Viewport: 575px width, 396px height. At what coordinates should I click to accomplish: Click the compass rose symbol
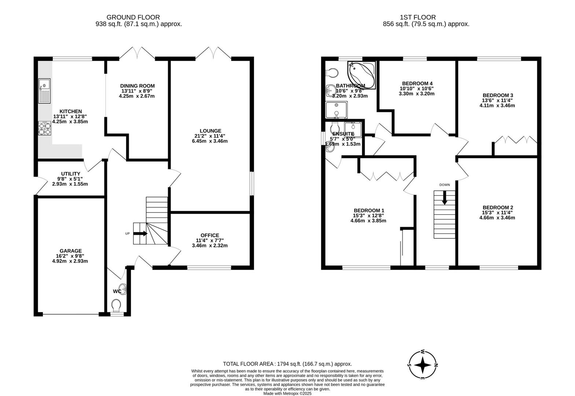[423, 365]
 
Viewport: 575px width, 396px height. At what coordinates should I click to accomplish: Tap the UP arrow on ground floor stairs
[140, 234]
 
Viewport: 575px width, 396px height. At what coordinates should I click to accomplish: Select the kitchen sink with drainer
[44, 91]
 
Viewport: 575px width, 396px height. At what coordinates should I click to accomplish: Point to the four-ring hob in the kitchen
[44, 128]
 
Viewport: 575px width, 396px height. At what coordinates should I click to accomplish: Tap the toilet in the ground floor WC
[117, 305]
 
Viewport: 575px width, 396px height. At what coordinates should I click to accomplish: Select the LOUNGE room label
[210, 131]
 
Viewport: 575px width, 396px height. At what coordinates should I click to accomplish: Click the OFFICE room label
[210, 235]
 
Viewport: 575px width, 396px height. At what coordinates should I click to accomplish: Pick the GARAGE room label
[71, 251]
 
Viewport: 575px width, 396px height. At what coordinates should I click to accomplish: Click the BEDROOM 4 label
[417, 83]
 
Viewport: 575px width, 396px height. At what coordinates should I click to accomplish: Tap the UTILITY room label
[71, 174]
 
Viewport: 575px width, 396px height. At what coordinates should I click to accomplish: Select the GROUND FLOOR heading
[133, 17]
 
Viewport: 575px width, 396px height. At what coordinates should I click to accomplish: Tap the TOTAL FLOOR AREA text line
[287, 364]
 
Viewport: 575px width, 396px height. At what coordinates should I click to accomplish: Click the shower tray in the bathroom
[336, 110]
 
